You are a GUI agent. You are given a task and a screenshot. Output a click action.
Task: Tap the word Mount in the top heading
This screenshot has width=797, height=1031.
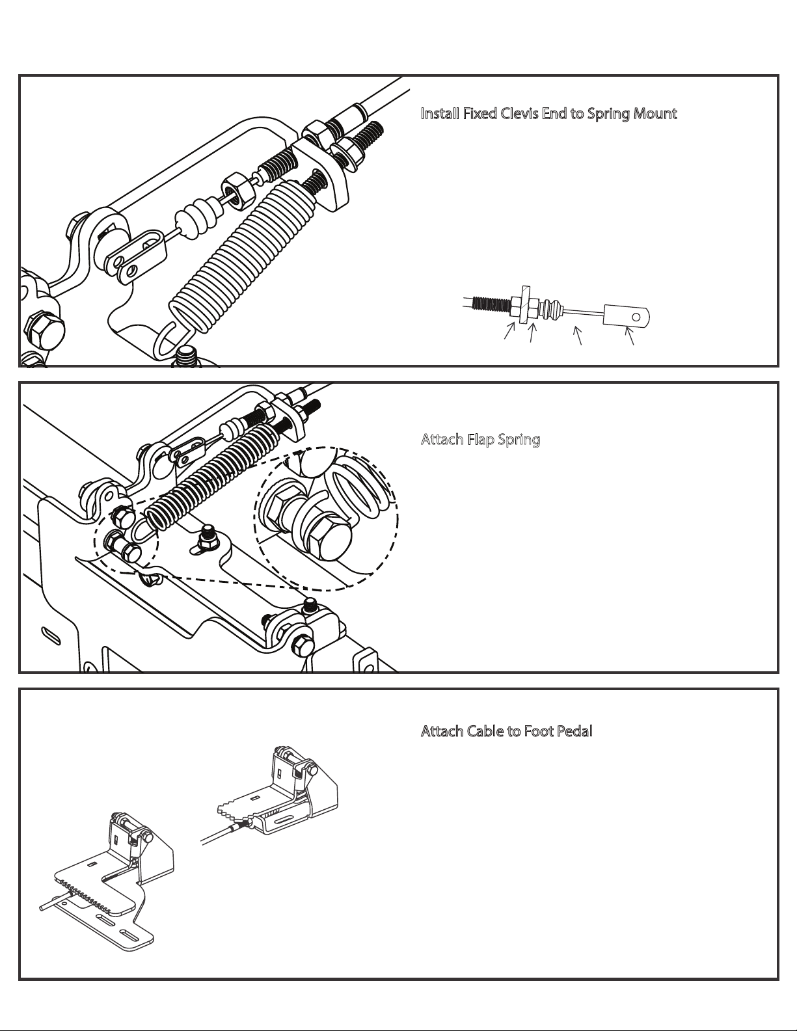click(655, 114)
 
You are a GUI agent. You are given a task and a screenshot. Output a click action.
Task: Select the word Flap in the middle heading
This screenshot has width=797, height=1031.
click(481, 440)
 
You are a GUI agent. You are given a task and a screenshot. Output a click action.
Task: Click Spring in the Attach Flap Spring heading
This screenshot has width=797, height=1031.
click(519, 440)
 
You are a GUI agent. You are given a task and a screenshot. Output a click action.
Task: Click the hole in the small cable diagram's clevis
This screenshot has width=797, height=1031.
click(637, 317)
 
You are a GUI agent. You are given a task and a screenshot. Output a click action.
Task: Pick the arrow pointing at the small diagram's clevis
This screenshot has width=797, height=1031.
click(629, 336)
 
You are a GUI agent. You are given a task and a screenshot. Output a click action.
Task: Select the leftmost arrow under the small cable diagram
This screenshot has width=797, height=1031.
click(509, 330)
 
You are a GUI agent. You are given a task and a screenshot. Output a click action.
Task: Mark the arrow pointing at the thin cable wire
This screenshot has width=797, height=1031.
click(577, 335)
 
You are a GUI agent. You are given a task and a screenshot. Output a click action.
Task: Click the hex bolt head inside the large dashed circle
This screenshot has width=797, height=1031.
click(329, 538)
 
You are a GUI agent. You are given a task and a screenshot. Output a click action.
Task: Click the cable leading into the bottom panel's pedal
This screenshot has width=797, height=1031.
click(223, 834)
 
